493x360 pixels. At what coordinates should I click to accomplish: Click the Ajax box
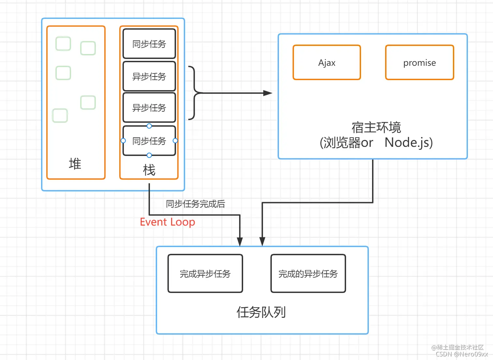pos(327,63)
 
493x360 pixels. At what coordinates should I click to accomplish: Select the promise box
pos(419,63)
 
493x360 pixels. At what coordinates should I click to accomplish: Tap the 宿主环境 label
pos(376,127)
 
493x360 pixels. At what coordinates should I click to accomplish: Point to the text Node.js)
pos(409,142)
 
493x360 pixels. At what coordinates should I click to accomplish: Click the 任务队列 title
pos(261,312)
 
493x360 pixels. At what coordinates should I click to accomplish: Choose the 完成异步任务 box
pos(205,274)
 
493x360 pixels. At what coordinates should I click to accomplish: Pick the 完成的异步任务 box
pos(308,274)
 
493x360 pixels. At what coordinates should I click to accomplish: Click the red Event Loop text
pos(167,222)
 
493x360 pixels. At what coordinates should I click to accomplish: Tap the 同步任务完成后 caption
pos(195,204)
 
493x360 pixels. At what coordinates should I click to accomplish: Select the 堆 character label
pos(75,164)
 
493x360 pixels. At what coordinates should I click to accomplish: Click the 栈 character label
pos(149,170)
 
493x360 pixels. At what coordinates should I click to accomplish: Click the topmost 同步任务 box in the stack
pos(149,44)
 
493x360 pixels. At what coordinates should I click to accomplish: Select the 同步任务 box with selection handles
pos(149,141)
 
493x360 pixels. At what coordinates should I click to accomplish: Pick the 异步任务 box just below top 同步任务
pos(149,76)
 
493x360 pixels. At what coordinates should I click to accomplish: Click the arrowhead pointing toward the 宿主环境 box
pos(268,93)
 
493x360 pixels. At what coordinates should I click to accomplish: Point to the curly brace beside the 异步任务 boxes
pos(194,93)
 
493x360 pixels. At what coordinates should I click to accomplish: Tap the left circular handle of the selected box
pos(123,141)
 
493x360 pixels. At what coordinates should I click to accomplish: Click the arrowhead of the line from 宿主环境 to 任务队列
pos(262,241)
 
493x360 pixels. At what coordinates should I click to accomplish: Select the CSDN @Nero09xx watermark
pos(462,354)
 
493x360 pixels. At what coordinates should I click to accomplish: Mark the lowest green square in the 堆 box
pos(60,116)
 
